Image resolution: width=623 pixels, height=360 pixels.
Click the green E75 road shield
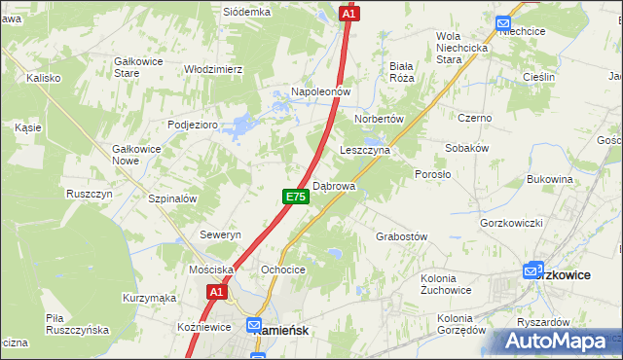point(297,197)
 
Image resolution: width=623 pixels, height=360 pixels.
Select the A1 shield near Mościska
point(216,291)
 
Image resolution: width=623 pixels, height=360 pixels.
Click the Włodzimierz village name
point(213,70)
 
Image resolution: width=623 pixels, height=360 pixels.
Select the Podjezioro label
point(192,125)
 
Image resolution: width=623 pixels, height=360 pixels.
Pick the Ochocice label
point(284,270)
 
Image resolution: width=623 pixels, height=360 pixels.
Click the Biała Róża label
point(402,73)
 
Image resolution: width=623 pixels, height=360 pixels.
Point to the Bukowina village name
point(549,179)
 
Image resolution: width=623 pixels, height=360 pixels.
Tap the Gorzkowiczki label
point(511,223)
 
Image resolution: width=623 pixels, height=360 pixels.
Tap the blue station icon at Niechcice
point(503,24)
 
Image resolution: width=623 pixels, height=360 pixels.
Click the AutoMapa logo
point(555,342)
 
